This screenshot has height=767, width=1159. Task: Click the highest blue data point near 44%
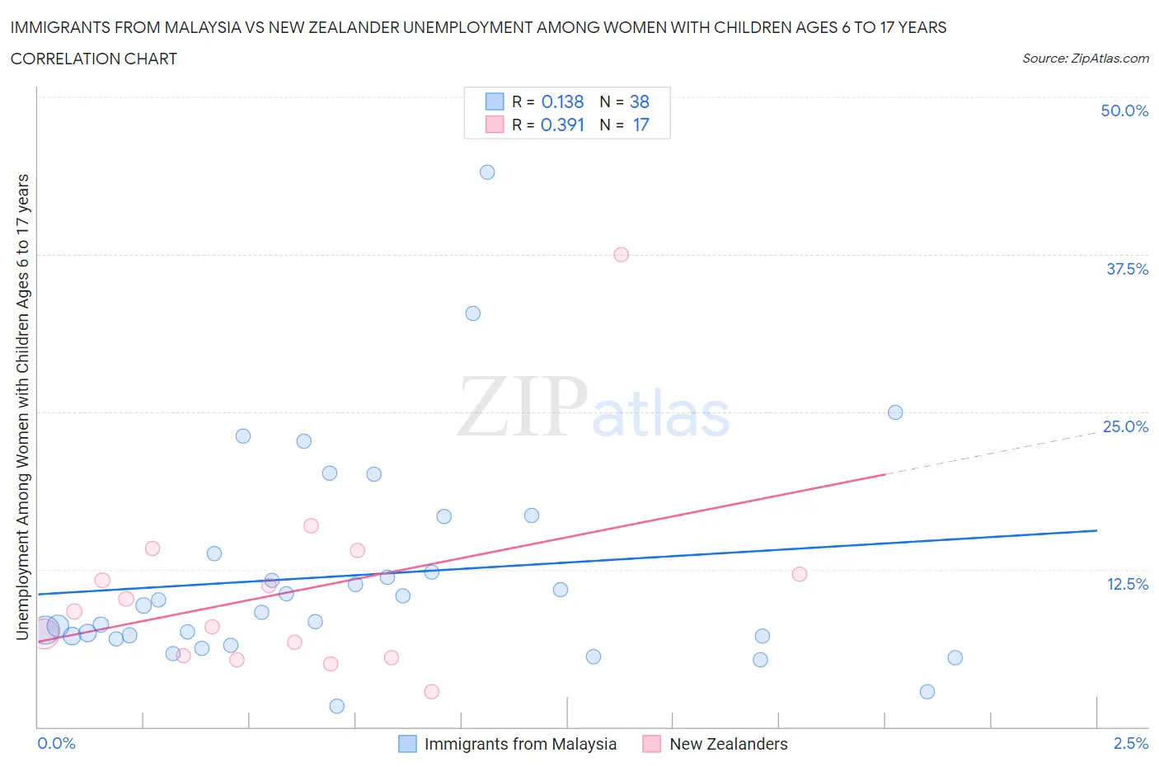tap(487, 172)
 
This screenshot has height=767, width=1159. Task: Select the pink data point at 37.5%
tap(622, 255)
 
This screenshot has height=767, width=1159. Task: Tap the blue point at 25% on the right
tap(895, 412)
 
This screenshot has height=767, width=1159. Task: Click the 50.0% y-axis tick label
tap(1124, 111)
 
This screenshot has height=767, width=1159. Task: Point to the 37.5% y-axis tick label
tap(1127, 269)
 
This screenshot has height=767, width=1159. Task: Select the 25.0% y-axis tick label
tap(1125, 426)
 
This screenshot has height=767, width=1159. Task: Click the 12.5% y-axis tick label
tap(1127, 584)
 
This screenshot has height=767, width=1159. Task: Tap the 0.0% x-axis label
tap(57, 743)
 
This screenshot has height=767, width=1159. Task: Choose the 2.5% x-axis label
tap(1130, 743)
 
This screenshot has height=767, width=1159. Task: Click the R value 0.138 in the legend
tap(562, 101)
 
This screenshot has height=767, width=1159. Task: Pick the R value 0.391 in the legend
tap(562, 125)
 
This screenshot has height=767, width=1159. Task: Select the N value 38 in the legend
tap(640, 101)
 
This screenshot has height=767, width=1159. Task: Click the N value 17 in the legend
tap(640, 125)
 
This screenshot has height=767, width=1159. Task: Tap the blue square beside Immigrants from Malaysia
tap(407, 744)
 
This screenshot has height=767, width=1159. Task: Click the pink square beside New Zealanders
tap(652, 744)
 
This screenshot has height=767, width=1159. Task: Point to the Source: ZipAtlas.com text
tap(1085, 59)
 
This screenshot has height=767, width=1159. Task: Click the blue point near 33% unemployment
tap(472, 313)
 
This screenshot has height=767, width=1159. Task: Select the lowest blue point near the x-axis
tap(336, 706)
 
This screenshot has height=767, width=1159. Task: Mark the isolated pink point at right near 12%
tap(800, 574)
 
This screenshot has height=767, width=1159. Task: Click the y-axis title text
tap(23, 407)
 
